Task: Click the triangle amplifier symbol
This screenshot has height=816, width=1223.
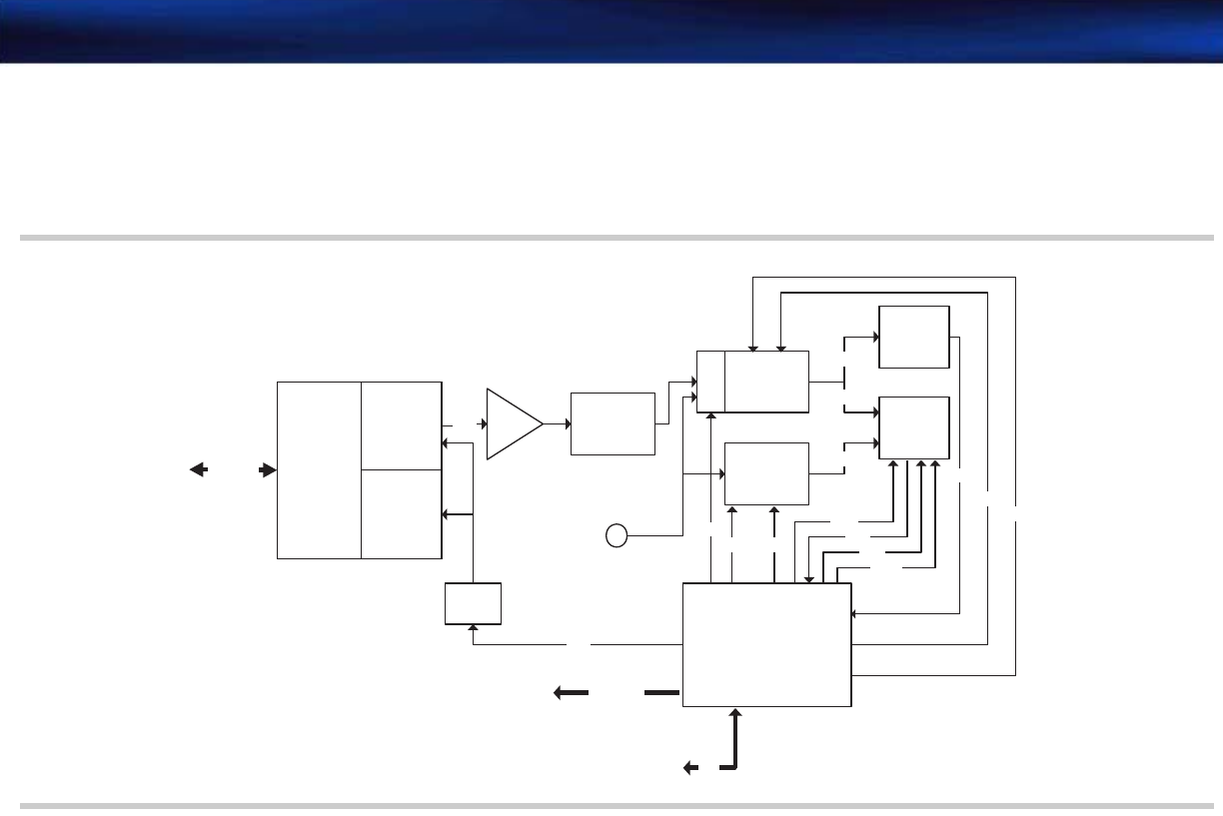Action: (x=512, y=424)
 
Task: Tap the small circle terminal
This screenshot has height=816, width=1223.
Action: (x=616, y=536)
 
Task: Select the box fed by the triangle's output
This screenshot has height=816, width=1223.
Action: (x=612, y=423)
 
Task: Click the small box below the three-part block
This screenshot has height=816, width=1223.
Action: (x=473, y=603)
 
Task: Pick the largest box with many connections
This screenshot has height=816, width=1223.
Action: (x=766, y=645)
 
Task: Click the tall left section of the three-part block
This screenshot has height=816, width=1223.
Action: (x=319, y=469)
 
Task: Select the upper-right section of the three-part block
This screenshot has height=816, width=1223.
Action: (x=401, y=424)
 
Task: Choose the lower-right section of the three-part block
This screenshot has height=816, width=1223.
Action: (x=401, y=513)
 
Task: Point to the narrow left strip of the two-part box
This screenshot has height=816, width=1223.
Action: (x=709, y=382)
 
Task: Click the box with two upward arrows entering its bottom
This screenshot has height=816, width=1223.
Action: (x=765, y=473)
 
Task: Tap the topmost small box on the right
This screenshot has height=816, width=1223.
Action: (x=913, y=337)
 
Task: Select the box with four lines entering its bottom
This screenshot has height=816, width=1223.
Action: (x=913, y=427)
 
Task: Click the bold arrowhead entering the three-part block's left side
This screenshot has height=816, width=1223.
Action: (x=268, y=469)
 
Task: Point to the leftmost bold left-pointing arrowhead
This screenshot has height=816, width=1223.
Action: (x=197, y=469)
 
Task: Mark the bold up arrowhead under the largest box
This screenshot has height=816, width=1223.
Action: (x=736, y=713)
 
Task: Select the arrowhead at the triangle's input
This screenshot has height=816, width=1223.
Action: (x=483, y=424)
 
